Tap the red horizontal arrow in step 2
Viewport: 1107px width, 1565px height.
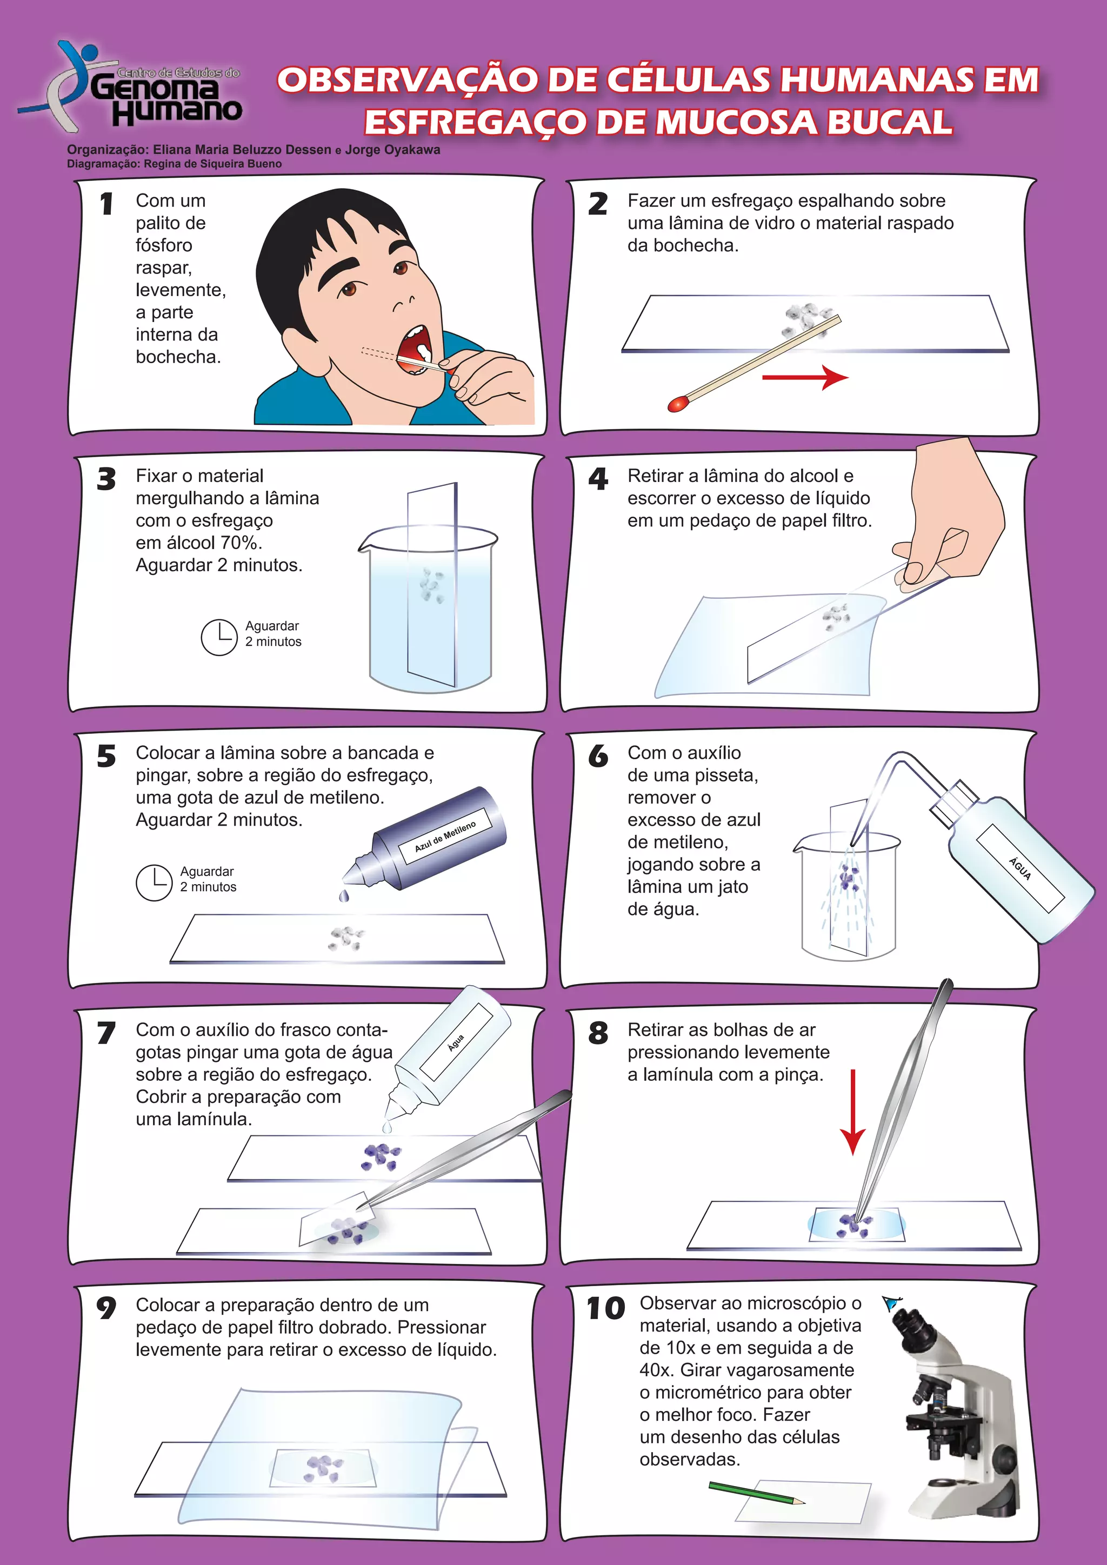[x=805, y=377]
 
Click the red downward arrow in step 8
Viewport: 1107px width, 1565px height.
[x=852, y=1112]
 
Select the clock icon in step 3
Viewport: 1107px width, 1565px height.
[x=219, y=637]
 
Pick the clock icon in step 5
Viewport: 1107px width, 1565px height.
[x=154, y=882]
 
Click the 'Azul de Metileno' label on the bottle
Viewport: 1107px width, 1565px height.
[x=445, y=837]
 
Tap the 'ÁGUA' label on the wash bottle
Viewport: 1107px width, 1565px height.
[x=1021, y=868]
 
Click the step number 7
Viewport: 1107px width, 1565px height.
[x=106, y=1033]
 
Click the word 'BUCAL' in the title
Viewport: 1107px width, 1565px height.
[x=889, y=123]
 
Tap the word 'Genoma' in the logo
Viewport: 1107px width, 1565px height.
[x=156, y=88]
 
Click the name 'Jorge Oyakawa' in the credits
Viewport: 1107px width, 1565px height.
[x=392, y=149]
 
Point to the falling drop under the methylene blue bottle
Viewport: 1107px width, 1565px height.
[x=344, y=895]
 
